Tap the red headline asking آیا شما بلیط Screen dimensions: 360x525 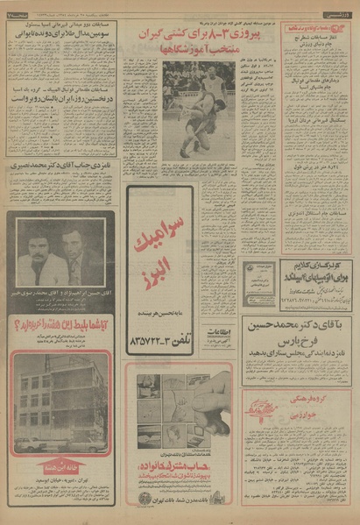point(61,333)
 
